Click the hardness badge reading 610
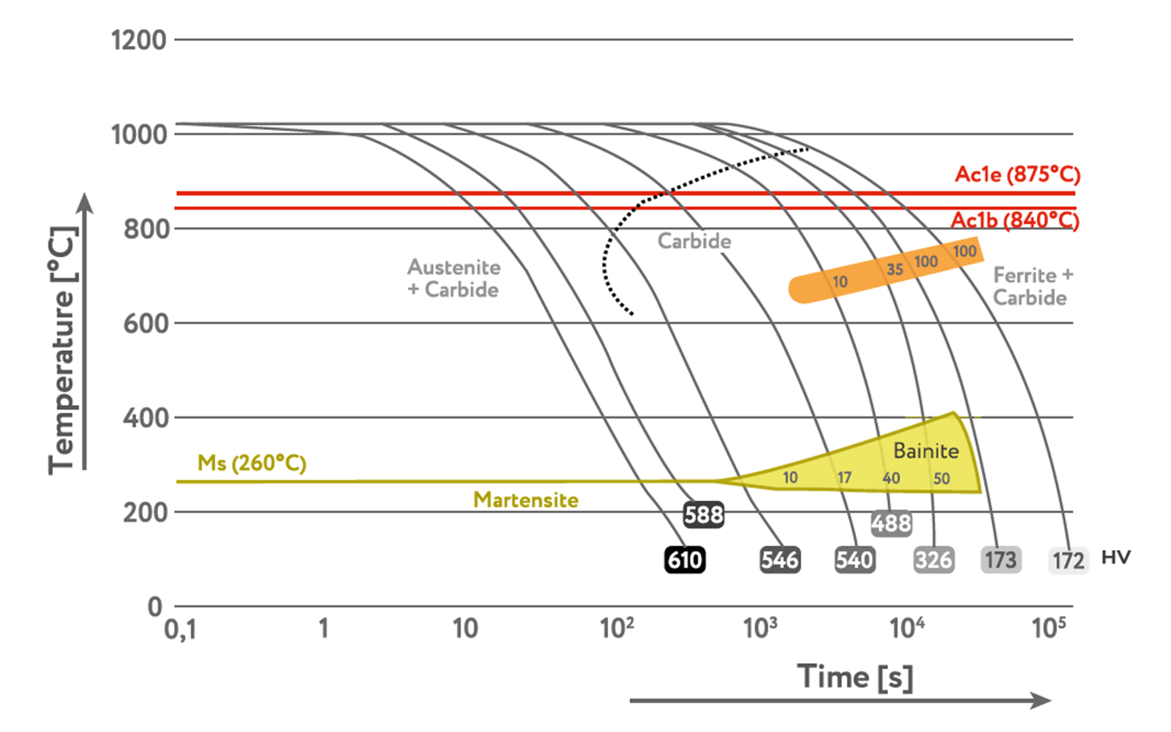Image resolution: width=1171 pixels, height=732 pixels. [685, 560]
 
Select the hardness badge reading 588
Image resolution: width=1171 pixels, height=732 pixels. [704, 514]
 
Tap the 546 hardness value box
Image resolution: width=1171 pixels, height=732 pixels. [780, 560]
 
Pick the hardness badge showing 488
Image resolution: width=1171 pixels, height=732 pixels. [891, 524]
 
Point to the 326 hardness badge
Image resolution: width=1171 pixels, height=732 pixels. [934, 560]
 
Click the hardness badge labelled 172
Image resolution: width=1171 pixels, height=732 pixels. [1068, 561]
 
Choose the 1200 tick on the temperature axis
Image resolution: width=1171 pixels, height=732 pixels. [139, 40]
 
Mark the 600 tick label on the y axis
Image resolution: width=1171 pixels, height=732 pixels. [145, 324]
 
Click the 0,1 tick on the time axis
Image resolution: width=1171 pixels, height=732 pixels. [180, 629]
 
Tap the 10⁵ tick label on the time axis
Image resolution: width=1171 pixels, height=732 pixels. [1049, 627]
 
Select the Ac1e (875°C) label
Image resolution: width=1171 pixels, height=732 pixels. [1018, 174]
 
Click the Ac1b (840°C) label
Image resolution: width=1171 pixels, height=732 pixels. [1015, 220]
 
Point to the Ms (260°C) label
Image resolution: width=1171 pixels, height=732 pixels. [252, 463]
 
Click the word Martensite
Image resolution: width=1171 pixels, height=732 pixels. [526, 500]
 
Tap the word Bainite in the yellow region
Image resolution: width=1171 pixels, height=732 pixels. [926, 451]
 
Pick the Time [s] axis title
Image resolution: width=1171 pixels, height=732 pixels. [856, 676]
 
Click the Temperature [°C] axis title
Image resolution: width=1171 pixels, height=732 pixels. [63, 351]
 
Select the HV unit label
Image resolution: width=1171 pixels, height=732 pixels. [1116, 557]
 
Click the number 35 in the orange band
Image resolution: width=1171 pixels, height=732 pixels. [895, 269]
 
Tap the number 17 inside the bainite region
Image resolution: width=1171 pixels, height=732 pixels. [844, 477]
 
